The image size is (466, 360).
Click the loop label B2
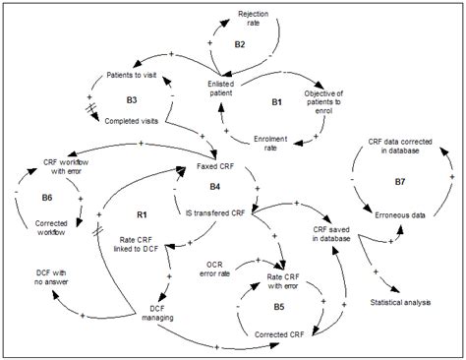pos(240,44)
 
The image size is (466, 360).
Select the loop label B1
pos(276,101)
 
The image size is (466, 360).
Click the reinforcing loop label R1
pos(141,213)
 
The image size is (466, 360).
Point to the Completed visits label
pos(135,122)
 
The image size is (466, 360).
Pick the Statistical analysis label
pos(402,301)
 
